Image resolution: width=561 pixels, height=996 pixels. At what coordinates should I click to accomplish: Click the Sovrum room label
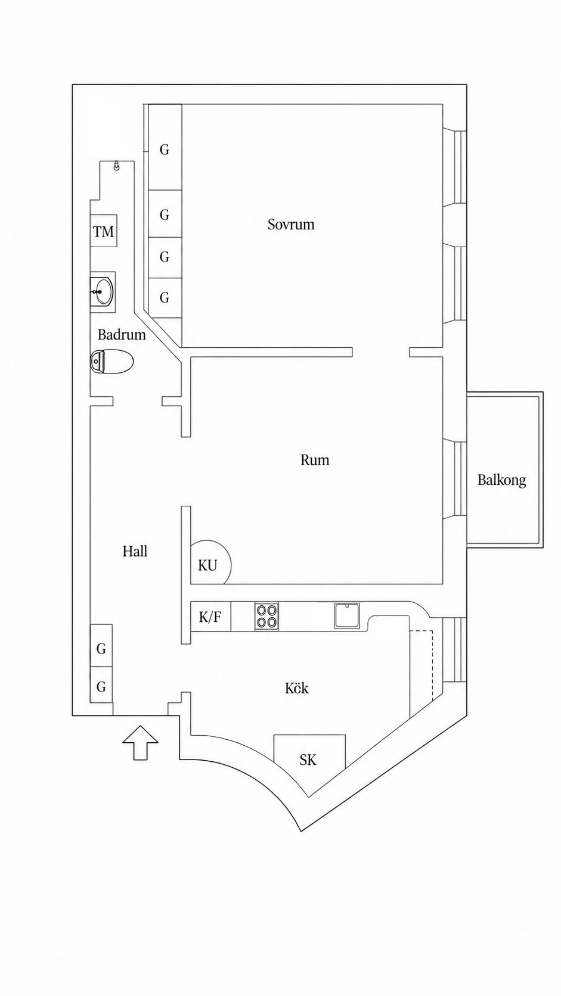point(291,224)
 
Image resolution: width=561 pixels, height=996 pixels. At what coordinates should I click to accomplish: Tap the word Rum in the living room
point(315,460)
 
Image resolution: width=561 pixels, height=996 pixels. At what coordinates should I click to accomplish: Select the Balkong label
point(501,480)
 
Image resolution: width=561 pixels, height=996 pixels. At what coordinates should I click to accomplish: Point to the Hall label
point(135,552)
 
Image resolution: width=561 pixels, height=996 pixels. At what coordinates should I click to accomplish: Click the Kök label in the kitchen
point(296,688)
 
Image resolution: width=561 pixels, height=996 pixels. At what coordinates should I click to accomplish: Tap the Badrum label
point(122,334)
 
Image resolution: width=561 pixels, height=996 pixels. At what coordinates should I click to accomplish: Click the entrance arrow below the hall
point(140,742)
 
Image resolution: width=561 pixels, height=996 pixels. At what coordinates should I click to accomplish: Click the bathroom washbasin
point(103,290)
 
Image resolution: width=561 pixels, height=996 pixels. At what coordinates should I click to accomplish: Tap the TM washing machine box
point(103,231)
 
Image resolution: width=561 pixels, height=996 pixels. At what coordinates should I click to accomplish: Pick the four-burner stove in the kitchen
point(266,617)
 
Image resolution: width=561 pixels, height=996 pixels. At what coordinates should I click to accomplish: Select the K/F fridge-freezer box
point(210,617)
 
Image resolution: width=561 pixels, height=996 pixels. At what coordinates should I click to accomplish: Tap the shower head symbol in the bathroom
point(117,166)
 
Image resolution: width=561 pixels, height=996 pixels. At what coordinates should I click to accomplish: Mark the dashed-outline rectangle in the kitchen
point(421,665)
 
